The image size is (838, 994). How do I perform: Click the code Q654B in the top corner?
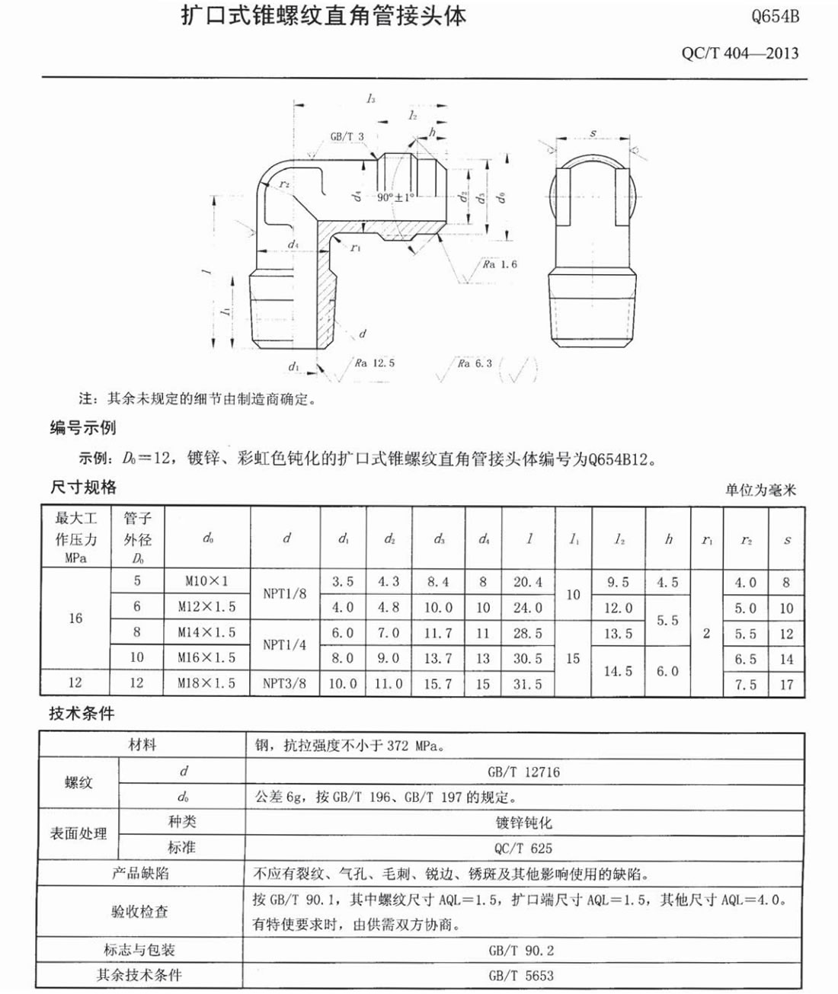(x=775, y=16)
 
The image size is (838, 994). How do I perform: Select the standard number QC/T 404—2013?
(x=740, y=53)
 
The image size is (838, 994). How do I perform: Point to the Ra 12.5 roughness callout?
(x=374, y=363)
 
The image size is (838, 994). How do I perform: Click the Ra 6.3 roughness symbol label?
(x=475, y=363)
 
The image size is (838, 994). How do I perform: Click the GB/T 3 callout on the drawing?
(x=347, y=136)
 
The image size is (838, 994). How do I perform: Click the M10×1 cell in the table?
(x=206, y=581)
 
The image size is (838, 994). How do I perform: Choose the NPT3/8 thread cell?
(x=284, y=683)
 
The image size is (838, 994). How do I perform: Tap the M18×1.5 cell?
(x=206, y=683)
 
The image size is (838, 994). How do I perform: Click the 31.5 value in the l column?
(x=528, y=684)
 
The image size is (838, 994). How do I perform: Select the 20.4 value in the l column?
(x=528, y=582)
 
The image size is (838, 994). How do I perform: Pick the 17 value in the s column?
(x=786, y=684)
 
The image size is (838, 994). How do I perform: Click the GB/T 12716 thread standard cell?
(x=523, y=772)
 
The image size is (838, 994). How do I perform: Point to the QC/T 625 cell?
(x=523, y=848)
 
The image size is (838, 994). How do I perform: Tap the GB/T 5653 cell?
(x=523, y=975)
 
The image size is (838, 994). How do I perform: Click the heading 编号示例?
(x=83, y=428)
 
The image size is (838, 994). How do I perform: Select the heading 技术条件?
(x=82, y=714)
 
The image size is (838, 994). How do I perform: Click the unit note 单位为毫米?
(x=760, y=490)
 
